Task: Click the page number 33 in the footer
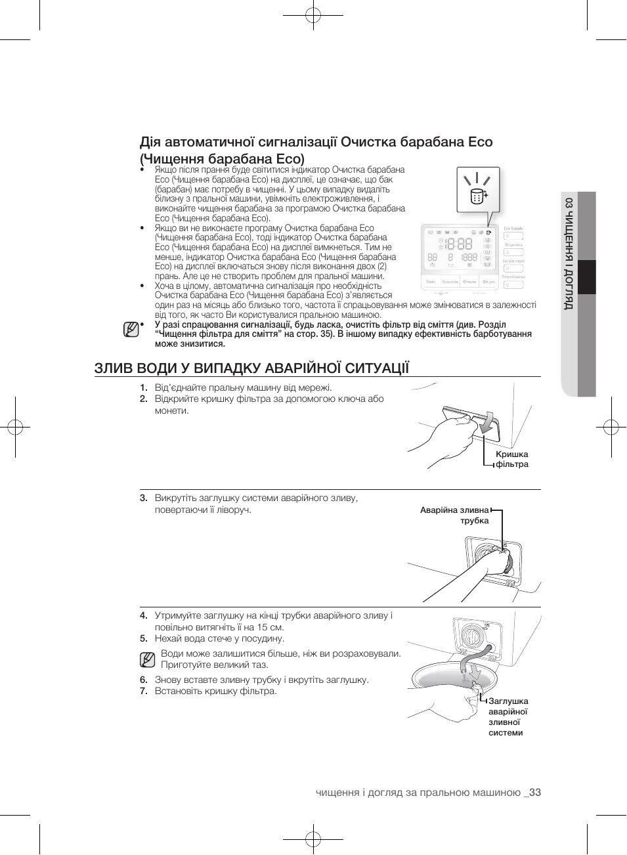coord(534,793)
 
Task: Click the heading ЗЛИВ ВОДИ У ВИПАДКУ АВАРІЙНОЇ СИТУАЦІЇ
coord(251,368)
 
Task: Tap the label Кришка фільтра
coord(511,459)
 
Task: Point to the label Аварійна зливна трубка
coord(455,515)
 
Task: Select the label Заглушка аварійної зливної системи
coord(508,716)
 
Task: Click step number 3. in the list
coord(143,498)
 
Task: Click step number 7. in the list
coord(143,691)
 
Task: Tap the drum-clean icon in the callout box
coord(477,195)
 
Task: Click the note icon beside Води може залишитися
coord(148,659)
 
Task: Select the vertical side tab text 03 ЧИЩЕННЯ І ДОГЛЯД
coord(569,253)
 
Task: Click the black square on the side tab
coord(586,277)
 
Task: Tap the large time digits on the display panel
coord(458,244)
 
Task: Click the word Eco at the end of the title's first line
coord(480,142)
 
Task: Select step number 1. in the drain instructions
coord(143,387)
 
